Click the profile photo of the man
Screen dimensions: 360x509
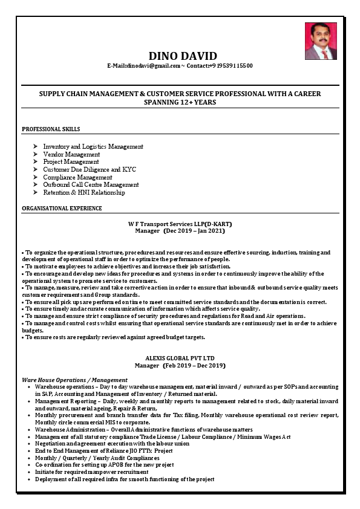click(x=321, y=41)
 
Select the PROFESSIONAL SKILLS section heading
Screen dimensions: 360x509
click(x=51, y=129)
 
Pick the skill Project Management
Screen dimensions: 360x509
click(x=71, y=162)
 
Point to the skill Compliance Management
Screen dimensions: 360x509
click(x=77, y=177)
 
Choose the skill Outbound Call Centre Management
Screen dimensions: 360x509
click(x=91, y=185)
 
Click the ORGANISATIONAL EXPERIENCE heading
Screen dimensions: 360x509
click(x=62, y=209)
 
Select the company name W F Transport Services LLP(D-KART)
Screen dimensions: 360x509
click(x=180, y=224)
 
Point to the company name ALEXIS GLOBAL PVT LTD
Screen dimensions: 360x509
click(x=180, y=358)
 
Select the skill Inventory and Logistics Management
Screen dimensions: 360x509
click(x=93, y=146)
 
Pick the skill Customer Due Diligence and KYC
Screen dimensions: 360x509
click(x=90, y=170)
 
